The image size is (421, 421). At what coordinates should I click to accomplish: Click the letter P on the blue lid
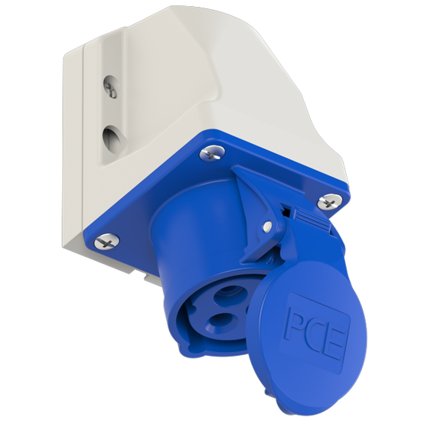click(297, 324)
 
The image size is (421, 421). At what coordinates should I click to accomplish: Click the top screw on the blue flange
click(212, 154)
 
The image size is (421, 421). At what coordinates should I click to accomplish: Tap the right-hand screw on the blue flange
click(330, 201)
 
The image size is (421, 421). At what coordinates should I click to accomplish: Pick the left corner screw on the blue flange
click(107, 241)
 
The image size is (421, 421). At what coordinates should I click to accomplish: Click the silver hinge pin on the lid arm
click(267, 226)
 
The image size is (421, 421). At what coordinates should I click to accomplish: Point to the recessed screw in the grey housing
click(111, 86)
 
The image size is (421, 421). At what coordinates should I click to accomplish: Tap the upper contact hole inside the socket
click(228, 293)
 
